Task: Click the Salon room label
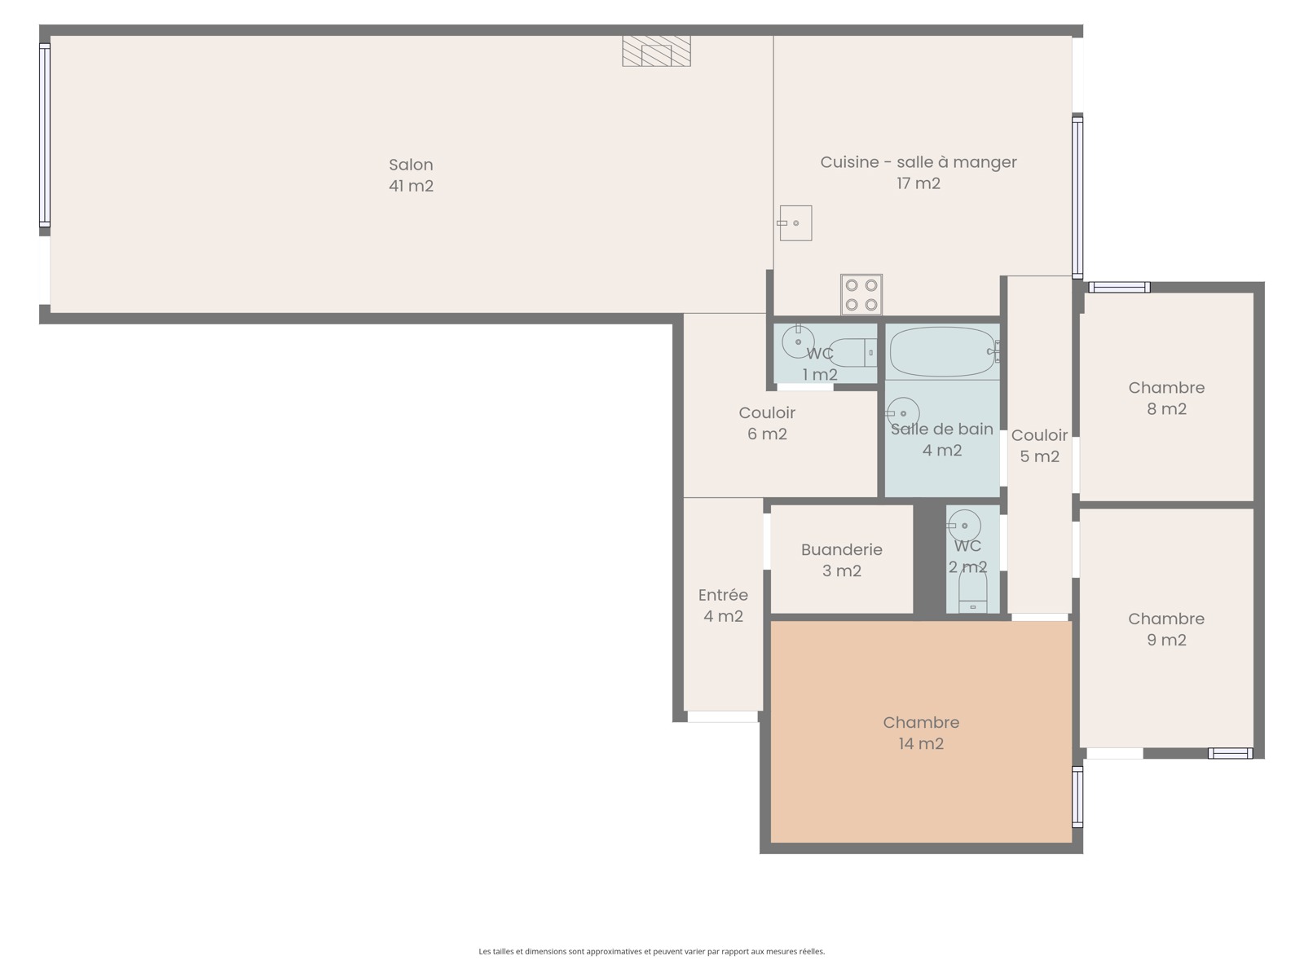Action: [x=411, y=165]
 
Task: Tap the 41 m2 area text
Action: [x=411, y=186]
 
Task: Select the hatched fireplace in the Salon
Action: [x=656, y=51]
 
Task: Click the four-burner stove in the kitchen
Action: [x=861, y=294]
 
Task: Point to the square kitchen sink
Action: [x=795, y=223]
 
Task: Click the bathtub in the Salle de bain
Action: [x=943, y=351]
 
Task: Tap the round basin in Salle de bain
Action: [x=903, y=413]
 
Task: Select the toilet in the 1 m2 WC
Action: [x=852, y=353]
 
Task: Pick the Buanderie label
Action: [x=841, y=550]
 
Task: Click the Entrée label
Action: [x=723, y=595]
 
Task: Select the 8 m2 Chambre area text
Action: [x=1166, y=409]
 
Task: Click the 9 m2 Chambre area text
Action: [x=1166, y=640]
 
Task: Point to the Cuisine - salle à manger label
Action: [x=919, y=162]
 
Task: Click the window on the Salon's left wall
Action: [x=45, y=134]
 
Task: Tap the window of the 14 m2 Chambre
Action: [x=1077, y=796]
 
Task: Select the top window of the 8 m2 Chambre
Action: [x=1119, y=288]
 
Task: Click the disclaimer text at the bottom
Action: [x=652, y=951]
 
